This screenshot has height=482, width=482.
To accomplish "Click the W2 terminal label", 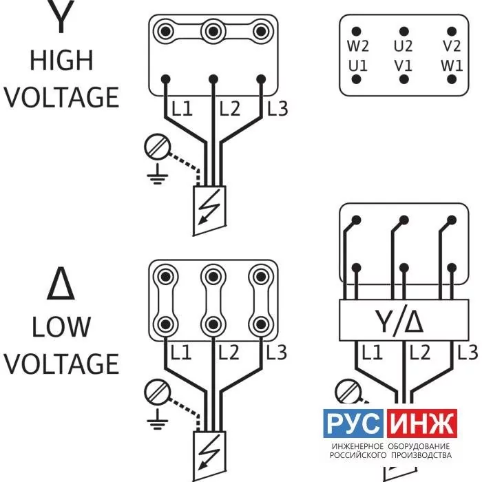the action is tap(358, 46).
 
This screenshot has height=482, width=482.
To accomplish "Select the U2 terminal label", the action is tap(403, 46).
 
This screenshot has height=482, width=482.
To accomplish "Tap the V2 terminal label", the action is tap(452, 46).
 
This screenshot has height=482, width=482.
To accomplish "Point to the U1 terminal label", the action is tap(358, 66).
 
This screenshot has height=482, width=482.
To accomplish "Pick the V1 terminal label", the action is tap(403, 66).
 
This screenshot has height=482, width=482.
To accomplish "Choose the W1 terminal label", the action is tap(452, 66).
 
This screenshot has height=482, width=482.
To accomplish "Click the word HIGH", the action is tap(61, 61).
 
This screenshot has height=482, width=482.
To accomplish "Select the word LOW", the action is tap(61, 326).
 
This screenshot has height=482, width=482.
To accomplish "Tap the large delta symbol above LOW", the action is tap(61, 283).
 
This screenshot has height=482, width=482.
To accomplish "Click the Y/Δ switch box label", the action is tap(399, 322).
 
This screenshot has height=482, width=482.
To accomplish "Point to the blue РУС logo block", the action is tap(353, 423).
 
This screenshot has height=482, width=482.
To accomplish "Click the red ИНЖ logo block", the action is tap(422, 423).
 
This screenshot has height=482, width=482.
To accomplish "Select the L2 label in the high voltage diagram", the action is tap(229, 109).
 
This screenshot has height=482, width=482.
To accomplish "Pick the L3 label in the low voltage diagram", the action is tap(276, 353).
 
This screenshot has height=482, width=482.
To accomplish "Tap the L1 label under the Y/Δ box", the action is tap(373, 353).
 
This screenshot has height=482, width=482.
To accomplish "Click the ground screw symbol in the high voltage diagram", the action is tap(157, 147).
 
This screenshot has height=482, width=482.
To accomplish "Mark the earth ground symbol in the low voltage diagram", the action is tap(158, 419).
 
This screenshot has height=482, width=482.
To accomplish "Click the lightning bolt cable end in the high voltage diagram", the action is tap(209, 210).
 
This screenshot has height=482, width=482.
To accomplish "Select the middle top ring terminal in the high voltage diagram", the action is tap(213, 32).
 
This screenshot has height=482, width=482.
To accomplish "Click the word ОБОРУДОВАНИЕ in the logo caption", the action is tap(419, 446).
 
